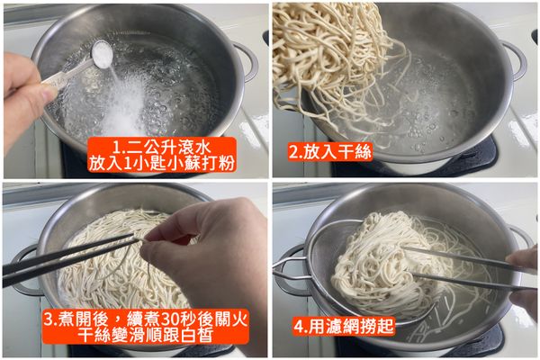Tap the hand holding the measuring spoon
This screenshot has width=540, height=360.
[27, 90]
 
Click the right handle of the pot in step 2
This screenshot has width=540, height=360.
[516, 58]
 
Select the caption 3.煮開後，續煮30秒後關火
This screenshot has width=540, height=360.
[144, 319]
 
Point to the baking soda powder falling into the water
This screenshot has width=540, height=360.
[126, 103]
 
